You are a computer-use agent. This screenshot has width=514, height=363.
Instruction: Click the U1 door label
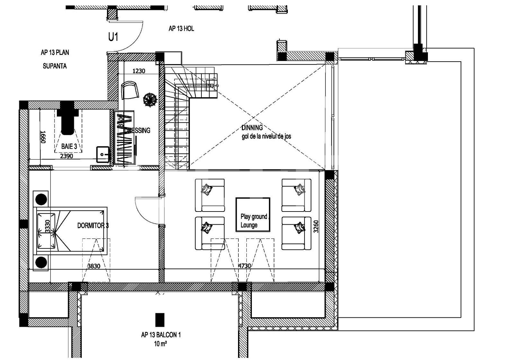coord(113,37)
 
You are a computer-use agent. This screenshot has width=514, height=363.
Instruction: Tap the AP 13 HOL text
coord(181,29)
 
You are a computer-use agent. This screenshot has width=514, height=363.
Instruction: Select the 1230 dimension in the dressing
coord(139,71)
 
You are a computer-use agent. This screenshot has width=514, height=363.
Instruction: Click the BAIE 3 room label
coord(69,146)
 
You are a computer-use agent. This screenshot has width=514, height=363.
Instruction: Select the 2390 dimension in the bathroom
coord(67,156)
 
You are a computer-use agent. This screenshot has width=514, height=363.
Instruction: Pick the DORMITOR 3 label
coord(93,226)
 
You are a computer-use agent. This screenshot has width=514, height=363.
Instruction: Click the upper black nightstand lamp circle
coord(41,199)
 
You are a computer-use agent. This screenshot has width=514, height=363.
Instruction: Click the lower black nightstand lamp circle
coord(41,263)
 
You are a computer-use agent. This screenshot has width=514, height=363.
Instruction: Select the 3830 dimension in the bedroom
coord(94,266)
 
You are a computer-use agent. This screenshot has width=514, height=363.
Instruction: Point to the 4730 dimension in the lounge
coord(244,266)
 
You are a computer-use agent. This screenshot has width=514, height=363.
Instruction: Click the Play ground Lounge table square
coord(253,214)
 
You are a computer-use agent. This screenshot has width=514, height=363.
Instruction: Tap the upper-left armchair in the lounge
coord(210,195)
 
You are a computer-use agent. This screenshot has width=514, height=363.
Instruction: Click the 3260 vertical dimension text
coord(316,226)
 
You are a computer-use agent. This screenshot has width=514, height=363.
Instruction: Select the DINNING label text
coord(252,128)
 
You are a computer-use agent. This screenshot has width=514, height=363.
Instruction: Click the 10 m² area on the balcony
coord(160,344)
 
